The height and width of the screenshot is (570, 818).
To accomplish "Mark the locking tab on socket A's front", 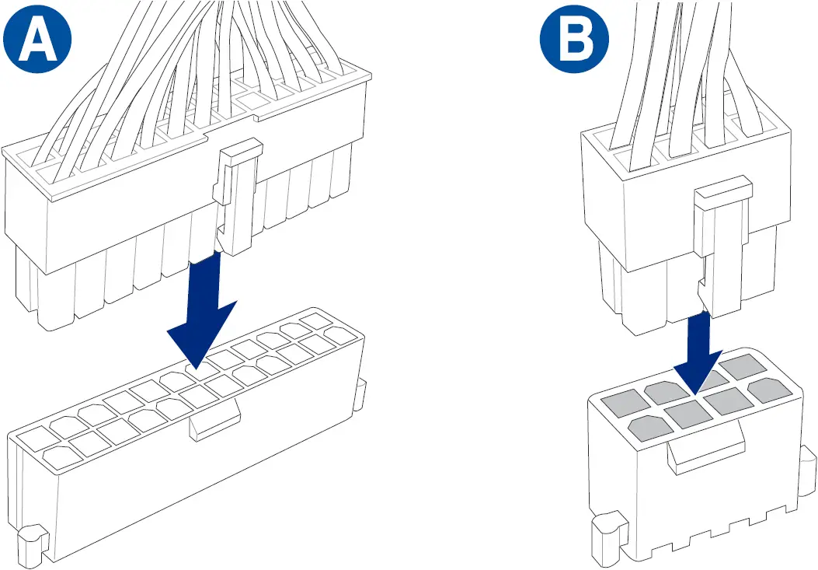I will [x=214, y=424].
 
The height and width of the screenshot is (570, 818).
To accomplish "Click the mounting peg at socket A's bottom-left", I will [x=32, y=540].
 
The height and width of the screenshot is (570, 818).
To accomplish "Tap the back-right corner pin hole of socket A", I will [x=315, y=320].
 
